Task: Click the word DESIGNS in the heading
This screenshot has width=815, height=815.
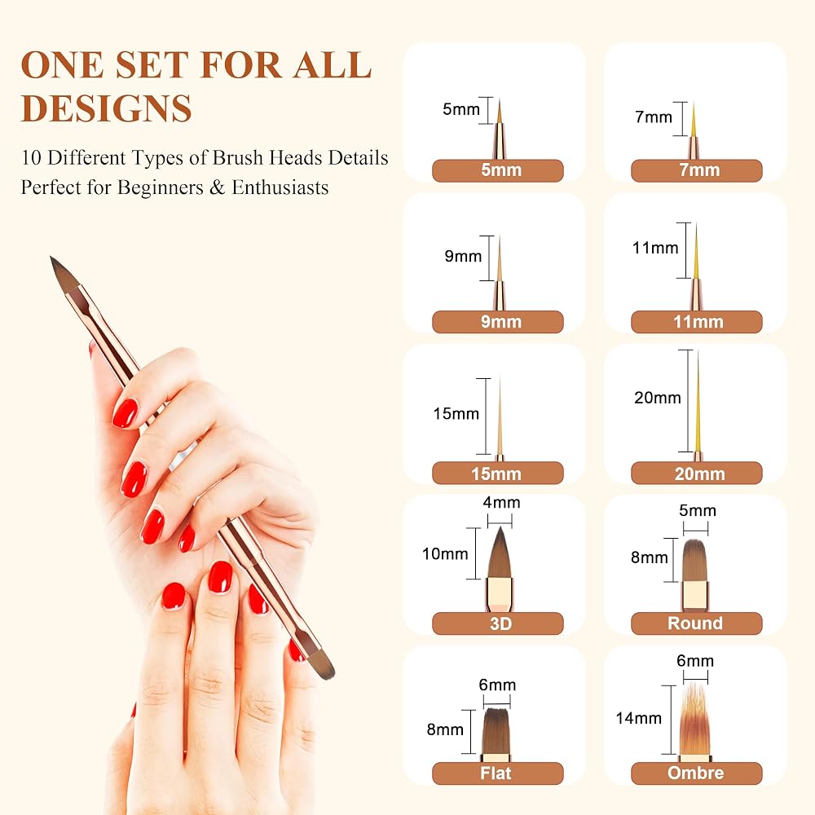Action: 107,108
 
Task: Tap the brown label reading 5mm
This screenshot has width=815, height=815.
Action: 497,170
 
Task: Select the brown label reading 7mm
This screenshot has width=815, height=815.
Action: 697,170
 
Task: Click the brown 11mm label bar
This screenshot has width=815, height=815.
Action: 697,322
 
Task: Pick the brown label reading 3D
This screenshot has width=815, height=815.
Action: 497,623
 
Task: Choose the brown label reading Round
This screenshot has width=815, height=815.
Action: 697,623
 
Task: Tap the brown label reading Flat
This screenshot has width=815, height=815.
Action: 497,773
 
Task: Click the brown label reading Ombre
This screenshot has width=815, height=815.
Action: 697,773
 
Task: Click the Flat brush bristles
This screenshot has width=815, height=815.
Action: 497,731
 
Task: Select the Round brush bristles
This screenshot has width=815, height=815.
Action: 695,561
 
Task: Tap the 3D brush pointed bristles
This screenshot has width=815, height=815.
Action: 500,553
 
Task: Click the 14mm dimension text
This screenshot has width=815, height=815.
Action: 639,718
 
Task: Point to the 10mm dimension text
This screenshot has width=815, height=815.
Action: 445,554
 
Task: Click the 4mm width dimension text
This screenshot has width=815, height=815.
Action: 501,503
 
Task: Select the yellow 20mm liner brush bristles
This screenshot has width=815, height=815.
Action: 698,401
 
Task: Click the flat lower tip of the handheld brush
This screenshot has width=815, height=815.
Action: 328,674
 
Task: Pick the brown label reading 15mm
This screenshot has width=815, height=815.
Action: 497,473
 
